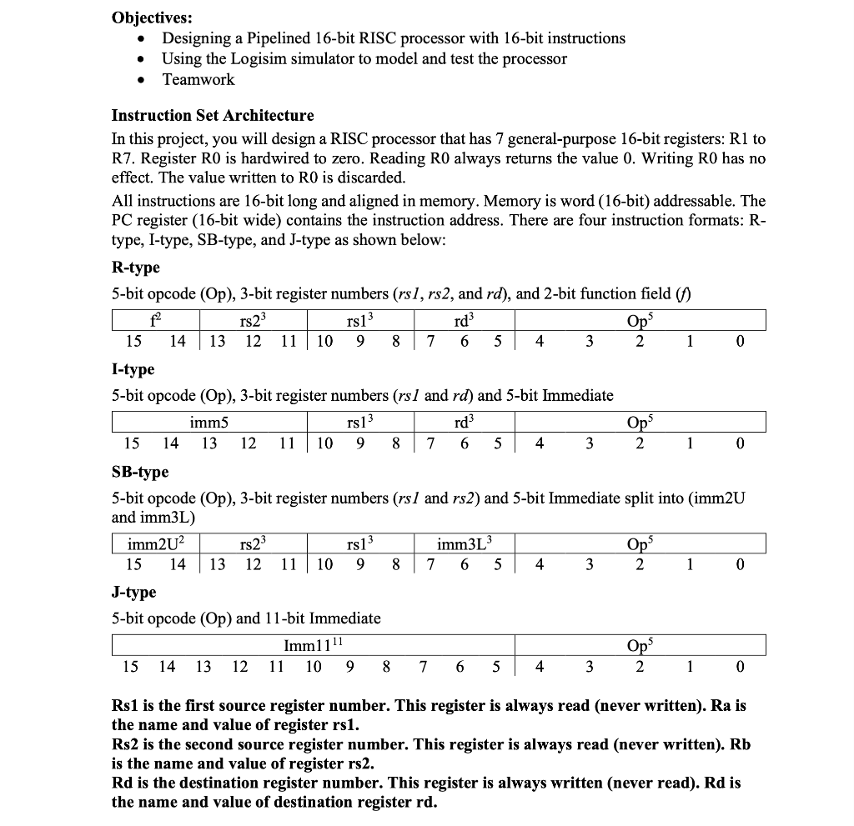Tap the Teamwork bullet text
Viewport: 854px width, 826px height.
(198, 80)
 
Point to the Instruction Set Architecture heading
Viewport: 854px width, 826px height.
(213, 116)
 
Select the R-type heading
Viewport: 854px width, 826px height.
(136, 268)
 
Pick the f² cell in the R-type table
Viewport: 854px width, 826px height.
(156, 320)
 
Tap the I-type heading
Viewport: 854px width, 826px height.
(133, 369)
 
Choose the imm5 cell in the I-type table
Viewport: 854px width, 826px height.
(209, 423)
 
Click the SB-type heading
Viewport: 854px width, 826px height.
(140, 472)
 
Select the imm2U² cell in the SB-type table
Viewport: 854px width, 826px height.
(156, 545)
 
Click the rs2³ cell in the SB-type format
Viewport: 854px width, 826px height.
(253, 545)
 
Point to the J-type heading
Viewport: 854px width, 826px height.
(134, 593)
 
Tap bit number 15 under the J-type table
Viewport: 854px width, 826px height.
(131, 666)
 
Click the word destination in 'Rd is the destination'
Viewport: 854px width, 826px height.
(194, 783)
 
